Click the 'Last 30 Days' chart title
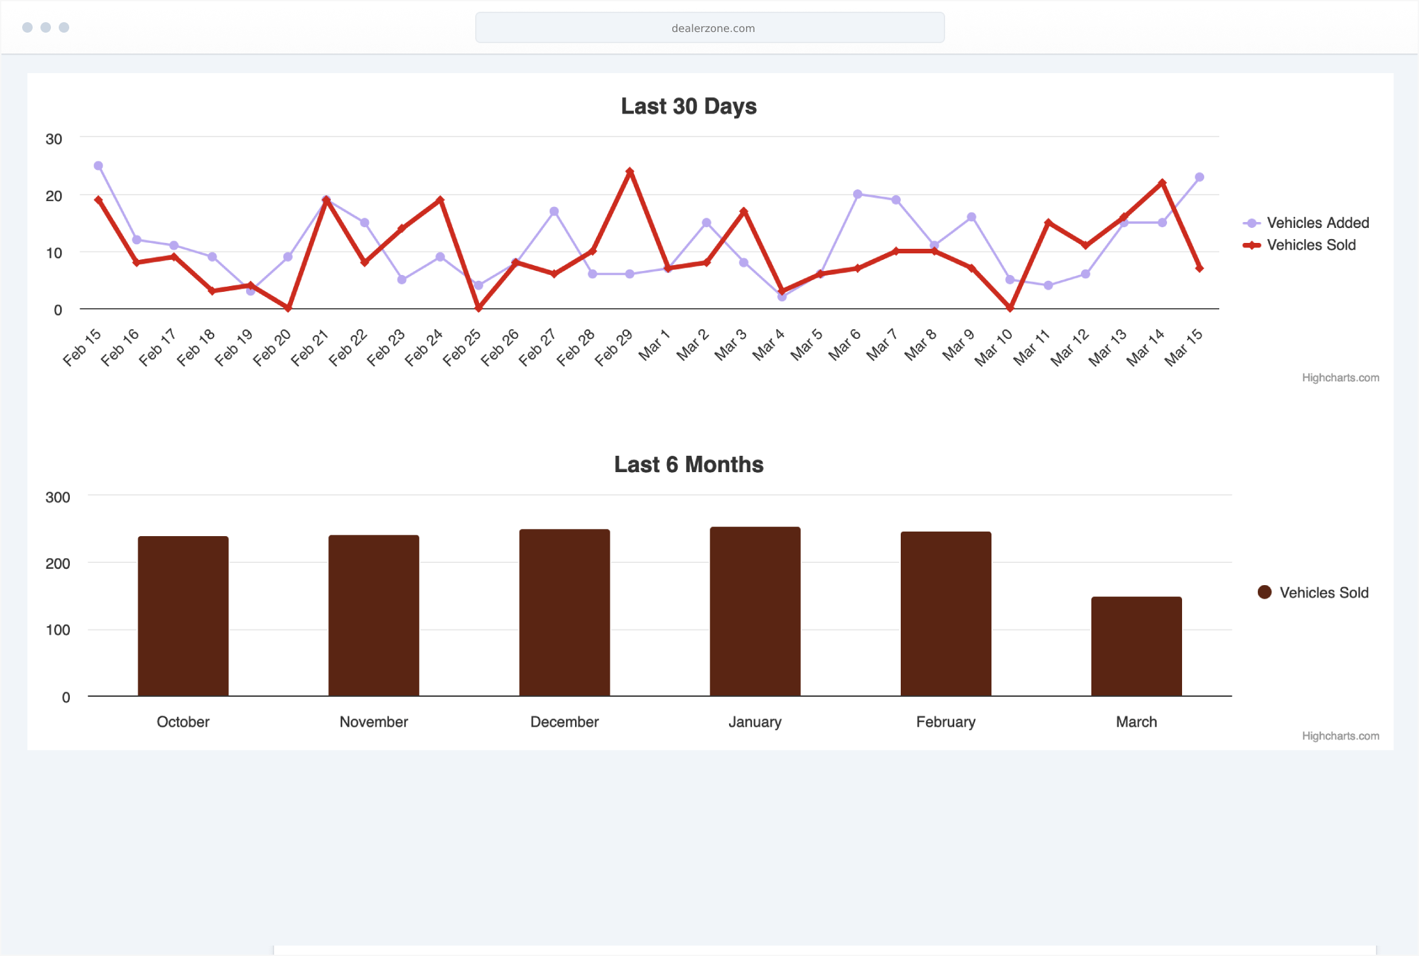(x=689, y=106)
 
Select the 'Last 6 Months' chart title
(x=689, y=464)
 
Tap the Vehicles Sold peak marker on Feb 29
(x=630, y=172)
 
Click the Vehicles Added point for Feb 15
(x=99, y=166)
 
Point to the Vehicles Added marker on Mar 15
(x=1199, y=178)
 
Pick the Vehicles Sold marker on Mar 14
(x=1162, y=183)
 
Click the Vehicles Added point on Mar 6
(x=858, y=194)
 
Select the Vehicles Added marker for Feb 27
(x=554, y=212)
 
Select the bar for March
(x=1136, y=646)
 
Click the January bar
(x=755, y=611)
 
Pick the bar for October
(x=183, y=616)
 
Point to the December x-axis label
(x=565, y=722)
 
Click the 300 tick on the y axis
(x=57, y=497)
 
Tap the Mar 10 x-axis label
(x=993, y=347)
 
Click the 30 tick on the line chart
(x=54, y=139)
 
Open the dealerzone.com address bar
(x=709, y=28)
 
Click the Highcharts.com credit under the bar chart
(x=1340, y=736)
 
